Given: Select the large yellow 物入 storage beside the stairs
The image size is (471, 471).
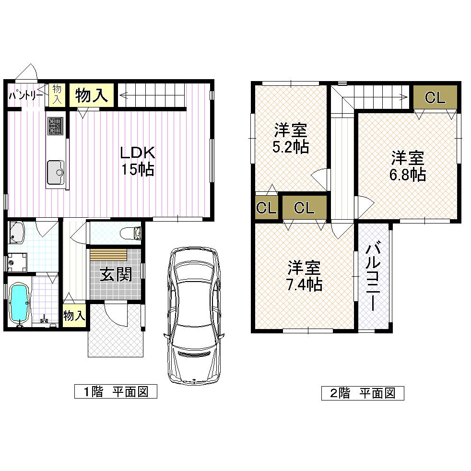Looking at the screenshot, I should pos(91,95).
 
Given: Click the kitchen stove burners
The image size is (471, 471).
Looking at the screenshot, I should pos(55,126).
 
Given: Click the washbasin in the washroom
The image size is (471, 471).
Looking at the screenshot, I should pos(16,232).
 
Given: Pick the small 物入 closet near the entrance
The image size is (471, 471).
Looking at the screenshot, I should pos(74,316).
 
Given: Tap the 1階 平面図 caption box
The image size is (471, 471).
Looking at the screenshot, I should pos(116,391).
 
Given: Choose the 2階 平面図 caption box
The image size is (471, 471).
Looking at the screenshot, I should pos(362,394).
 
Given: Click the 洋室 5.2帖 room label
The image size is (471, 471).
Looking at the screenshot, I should pos(291,138).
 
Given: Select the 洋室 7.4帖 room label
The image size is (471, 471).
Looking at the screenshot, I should pos(304,276).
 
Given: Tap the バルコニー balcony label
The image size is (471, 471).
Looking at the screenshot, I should pos(374,277).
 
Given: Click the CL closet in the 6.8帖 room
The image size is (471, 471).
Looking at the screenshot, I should pos(435,98).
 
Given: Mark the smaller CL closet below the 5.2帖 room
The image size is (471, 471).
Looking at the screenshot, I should pos(266,208).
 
